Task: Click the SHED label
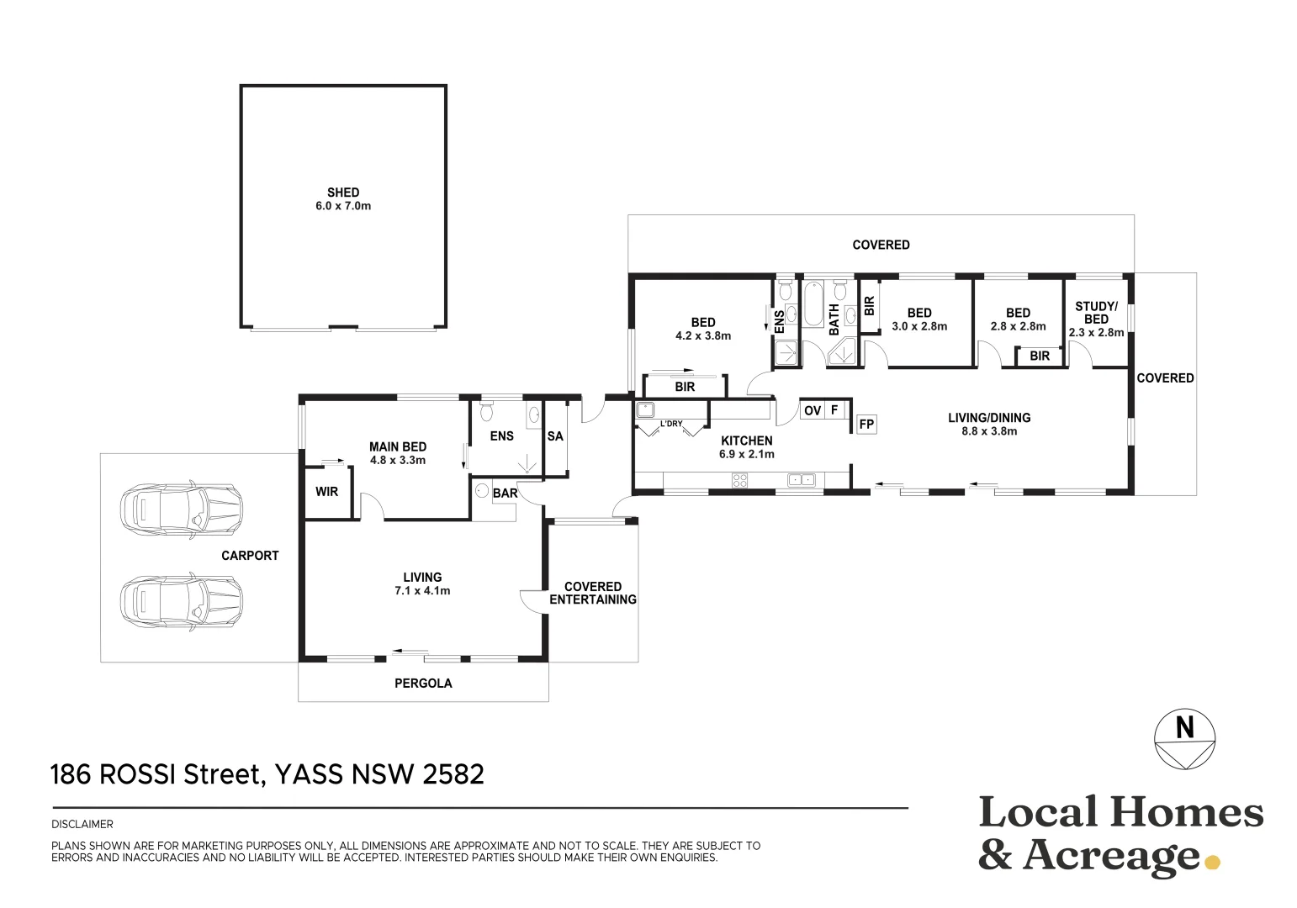(x=343, y=193)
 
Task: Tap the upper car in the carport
(x=181, y=510)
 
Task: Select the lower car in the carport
(x=181, y=602)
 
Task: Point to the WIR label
(x=326, y=491)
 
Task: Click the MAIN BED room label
(x=398, y=446)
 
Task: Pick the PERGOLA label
(x=423, y=684)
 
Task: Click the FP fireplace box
(x=866, y=425)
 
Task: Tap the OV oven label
(x=813, y=410)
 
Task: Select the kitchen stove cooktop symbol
(x=739, y=480)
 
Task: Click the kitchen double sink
(x=802, y=480)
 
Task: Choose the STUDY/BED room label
(x=1096, y=313)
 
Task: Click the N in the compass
(x=1184, y=727)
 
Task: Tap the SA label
(x=555, y=436)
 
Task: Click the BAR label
(x=505, y=494)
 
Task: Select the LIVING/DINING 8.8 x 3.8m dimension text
(x=989, y=431)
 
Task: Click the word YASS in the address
(x=310, y=774)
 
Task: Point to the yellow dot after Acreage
(x=1212, y=863)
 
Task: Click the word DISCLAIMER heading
(x=82, y=824)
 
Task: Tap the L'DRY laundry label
(x=671, y=424)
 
